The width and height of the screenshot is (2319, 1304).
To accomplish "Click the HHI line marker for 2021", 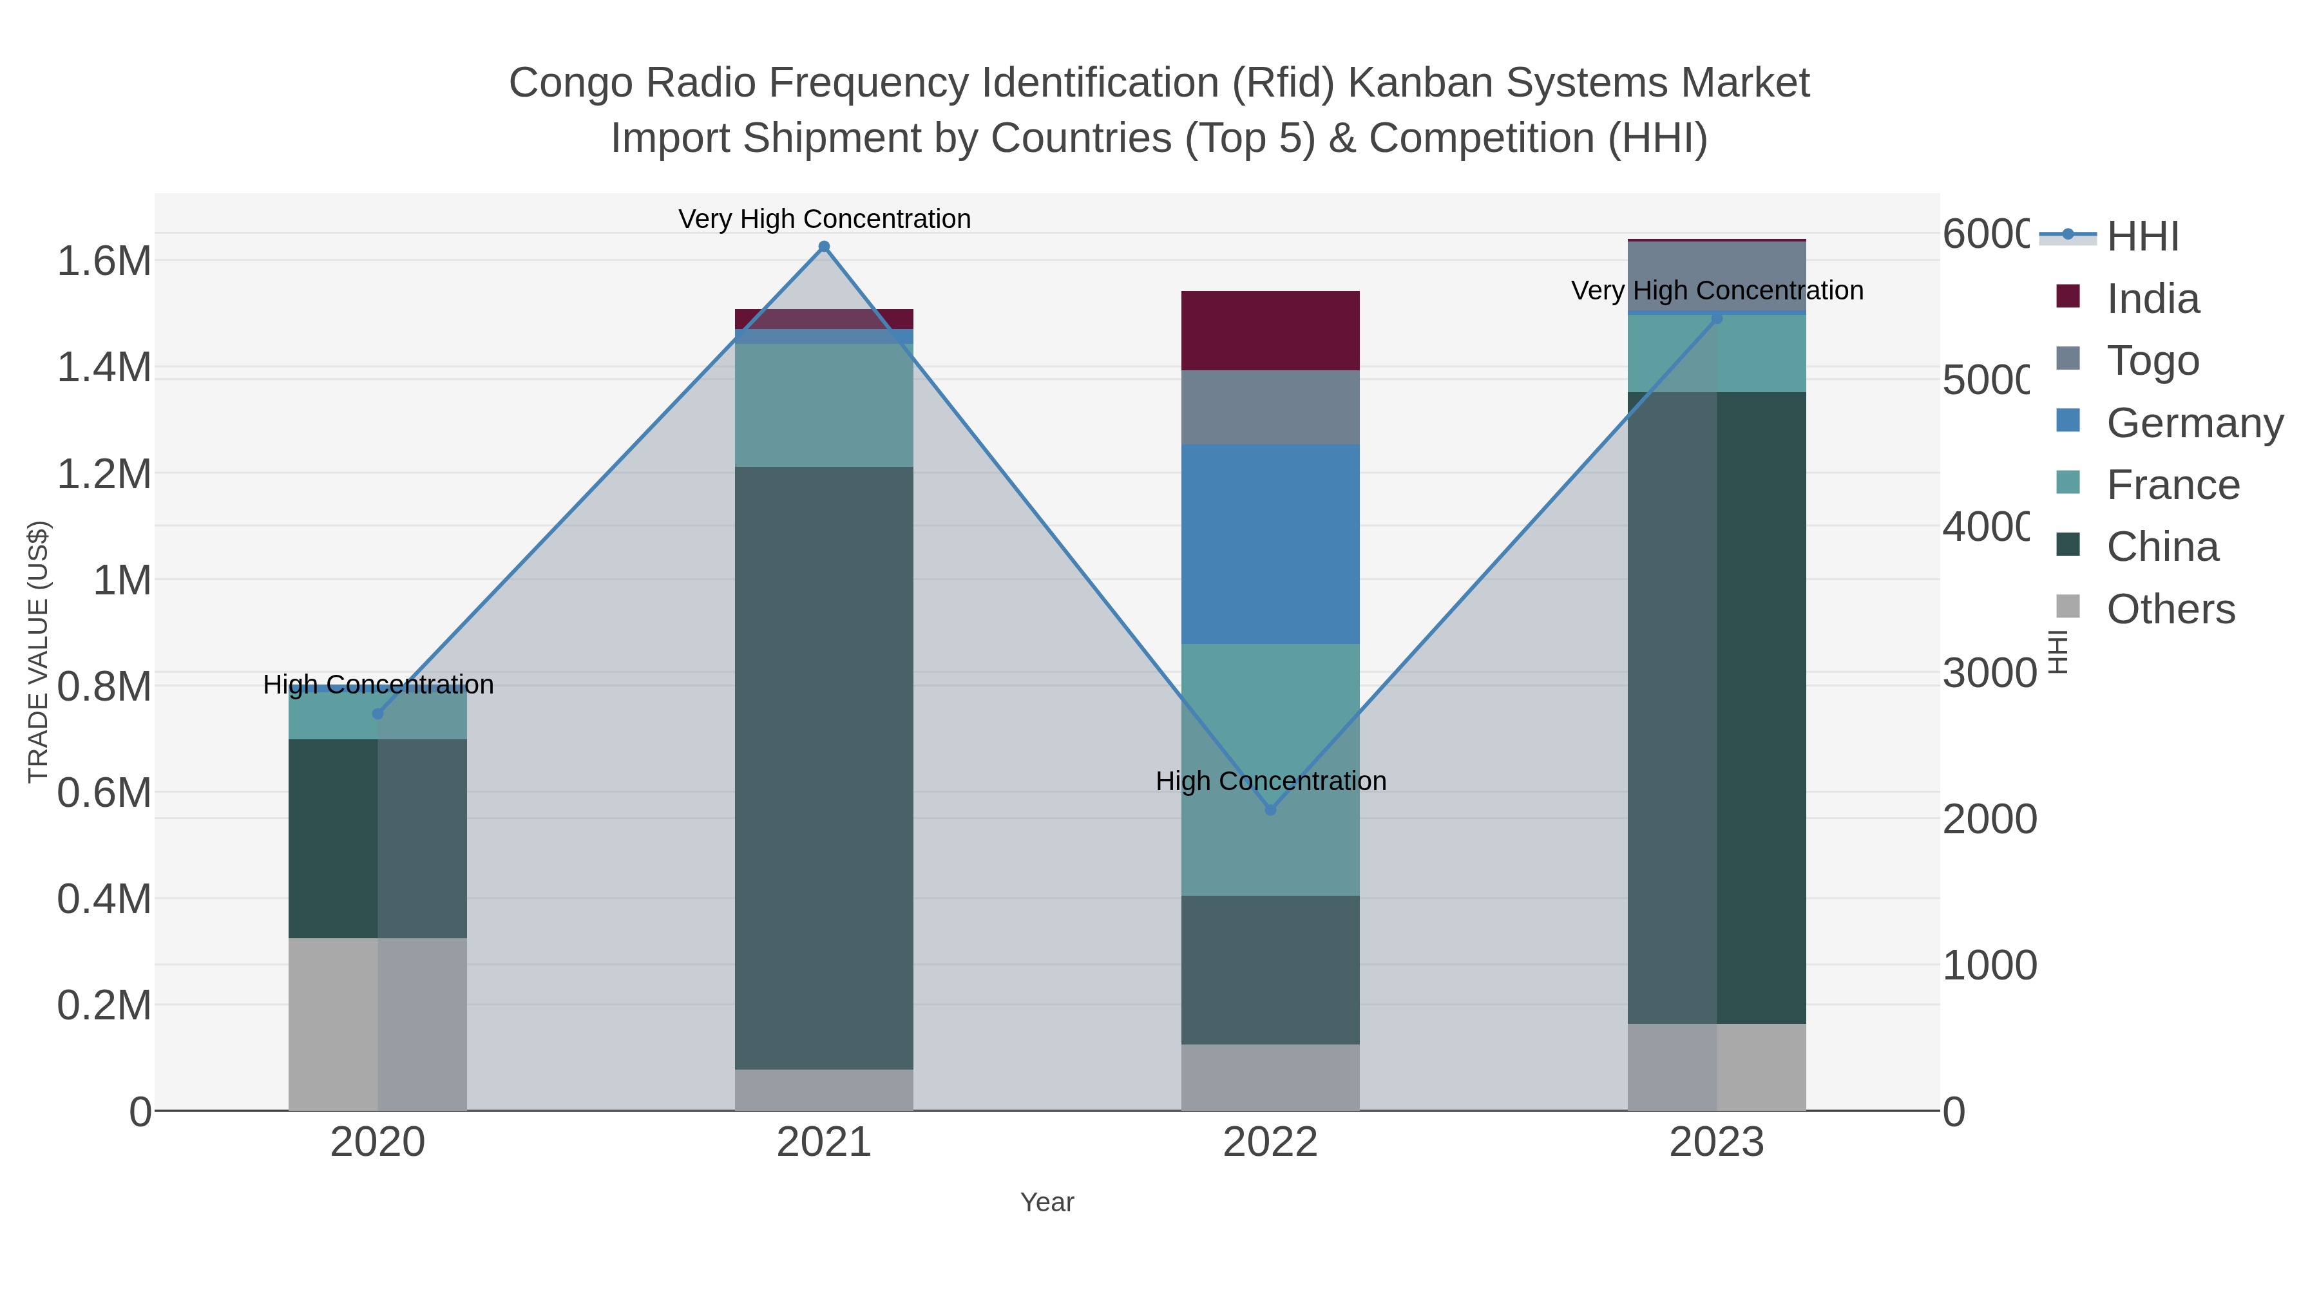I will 824,247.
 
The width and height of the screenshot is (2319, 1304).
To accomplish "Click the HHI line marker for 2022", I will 1270,810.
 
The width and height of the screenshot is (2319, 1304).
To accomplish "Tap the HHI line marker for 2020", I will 378,713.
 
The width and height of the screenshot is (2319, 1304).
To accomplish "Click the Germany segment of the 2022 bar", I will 1270,543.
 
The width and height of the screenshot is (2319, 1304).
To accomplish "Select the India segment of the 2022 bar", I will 1270,330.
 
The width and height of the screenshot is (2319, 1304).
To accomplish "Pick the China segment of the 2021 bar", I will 824,768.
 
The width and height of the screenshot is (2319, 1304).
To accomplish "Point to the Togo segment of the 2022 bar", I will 1270,407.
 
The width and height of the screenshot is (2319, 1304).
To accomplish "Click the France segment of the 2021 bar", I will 824,405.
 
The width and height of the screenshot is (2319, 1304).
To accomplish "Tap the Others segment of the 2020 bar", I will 378,1024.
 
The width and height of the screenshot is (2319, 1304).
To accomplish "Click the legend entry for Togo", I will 2152,361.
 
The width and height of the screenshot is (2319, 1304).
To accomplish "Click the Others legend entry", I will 2170,609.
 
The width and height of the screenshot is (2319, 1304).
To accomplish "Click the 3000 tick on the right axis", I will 1988,673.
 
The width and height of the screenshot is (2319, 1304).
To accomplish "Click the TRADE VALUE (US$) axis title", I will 39,652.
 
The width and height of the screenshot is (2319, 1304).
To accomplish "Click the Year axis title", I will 1047,1202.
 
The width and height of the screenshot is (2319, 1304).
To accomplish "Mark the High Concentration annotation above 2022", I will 1270,781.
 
